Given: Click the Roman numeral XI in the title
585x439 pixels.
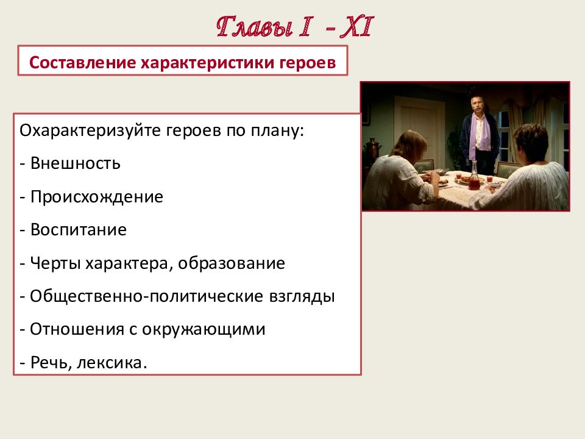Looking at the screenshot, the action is click(356, 27).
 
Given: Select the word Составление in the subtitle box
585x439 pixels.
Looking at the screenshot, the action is click(82, 62).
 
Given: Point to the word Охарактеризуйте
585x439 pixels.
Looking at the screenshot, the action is click(90, 131).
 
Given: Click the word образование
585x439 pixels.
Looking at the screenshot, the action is click(232, 263).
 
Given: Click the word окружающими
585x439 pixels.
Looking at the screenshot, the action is click(204, 330).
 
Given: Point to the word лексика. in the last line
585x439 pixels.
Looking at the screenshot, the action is click(112, 362).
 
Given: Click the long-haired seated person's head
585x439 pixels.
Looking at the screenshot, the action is click(409, 144).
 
